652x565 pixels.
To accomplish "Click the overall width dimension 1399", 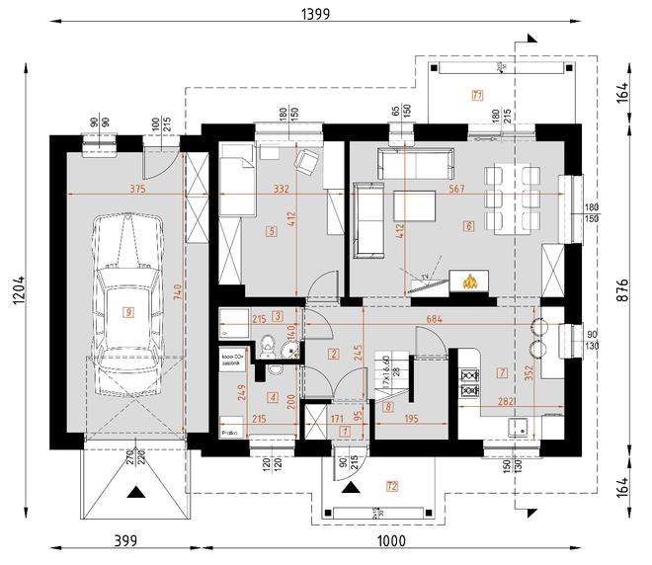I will tap(317, 13).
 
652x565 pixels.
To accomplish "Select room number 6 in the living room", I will tap(467, 227).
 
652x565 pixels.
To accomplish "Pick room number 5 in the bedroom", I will tap(270, 232).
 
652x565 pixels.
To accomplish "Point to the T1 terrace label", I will tap(476, 96).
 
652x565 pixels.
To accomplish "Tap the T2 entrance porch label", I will tap(392, 485).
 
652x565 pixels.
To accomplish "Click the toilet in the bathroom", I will tap(268, 346).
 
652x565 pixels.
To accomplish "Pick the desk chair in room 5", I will tap(307, 160).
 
